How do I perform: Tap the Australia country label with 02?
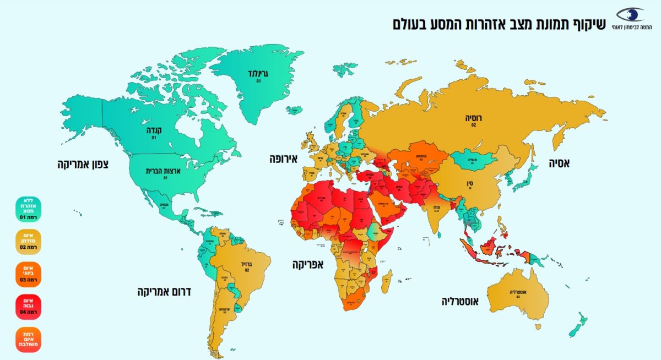pyautogui.click(x=518, y=292)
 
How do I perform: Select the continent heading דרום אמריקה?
pyautogui.click(x=164, y=291)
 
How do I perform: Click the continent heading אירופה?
pyautogui.click(x=283, y=160)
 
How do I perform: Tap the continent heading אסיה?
pyautogui.click(x=559, y=163)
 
